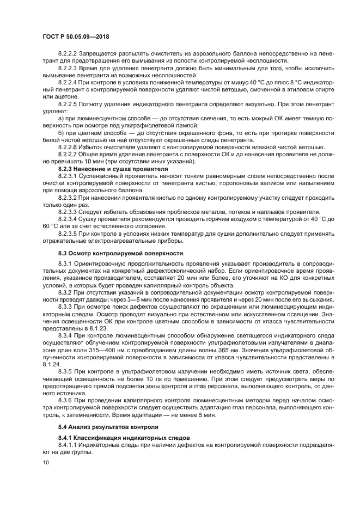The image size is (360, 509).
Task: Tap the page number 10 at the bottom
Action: [x=46, y=462]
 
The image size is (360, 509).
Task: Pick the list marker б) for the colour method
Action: [x=62, y=132]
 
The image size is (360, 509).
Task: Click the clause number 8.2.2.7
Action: [x=68, y=155]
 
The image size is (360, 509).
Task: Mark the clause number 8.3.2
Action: [x=65, y=292]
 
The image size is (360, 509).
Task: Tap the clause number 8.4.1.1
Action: [x=68, y=444]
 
